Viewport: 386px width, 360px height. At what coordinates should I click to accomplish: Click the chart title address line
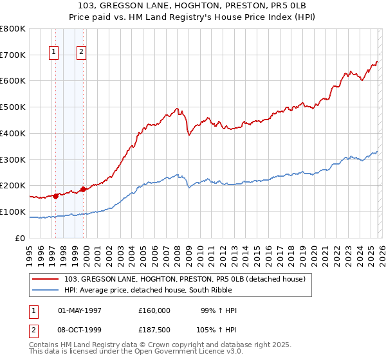(x=193, y=6)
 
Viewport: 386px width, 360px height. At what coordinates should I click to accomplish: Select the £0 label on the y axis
(x=21, y=238)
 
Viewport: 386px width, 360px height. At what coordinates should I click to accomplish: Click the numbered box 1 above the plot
(x=54, y=53)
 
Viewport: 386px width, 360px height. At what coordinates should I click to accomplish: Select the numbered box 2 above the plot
(x=82, y=53)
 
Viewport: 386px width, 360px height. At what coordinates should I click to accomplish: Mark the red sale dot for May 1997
(x=55, y=196)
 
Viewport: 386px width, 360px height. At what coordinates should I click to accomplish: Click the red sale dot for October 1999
(x=83, y=189)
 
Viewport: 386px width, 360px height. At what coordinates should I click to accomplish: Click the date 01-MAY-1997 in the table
(x=80, y=310)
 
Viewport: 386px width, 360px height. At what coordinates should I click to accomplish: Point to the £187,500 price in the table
(x=154, y=330)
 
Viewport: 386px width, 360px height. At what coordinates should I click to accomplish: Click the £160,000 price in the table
(x=154, y=310)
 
